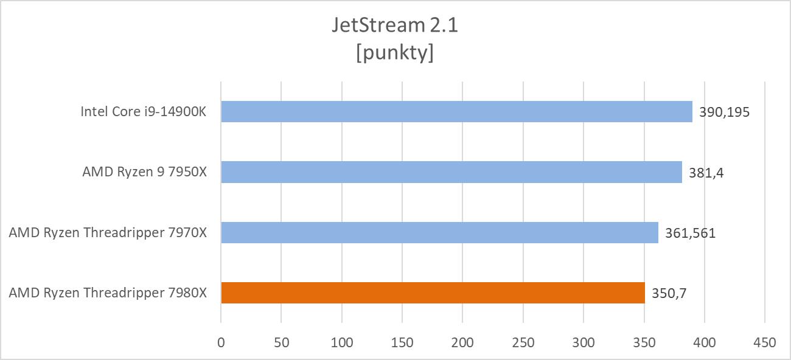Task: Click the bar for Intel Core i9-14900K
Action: tap(456, 112)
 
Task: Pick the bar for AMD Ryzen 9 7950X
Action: tap(451, 172)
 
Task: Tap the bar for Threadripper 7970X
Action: tap(439, 232)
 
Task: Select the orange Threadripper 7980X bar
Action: tap(433, 292)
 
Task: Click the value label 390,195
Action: tap(723, 112)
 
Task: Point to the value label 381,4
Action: tap(706, 173)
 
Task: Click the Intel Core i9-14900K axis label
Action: tap(144, 112)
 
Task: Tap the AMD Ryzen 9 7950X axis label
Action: tap(145, 172)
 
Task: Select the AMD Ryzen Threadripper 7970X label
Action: tap(108, 232)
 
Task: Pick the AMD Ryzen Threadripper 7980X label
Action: tap(108, 292)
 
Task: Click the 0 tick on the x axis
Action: tap(221, 342)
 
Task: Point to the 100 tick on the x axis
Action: tap(342, 342)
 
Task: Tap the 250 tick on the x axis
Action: tap(523, 342)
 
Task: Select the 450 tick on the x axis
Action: tap(765, 342)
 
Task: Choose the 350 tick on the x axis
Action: tap(644, 342)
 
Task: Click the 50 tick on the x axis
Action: tap(281, 342)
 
